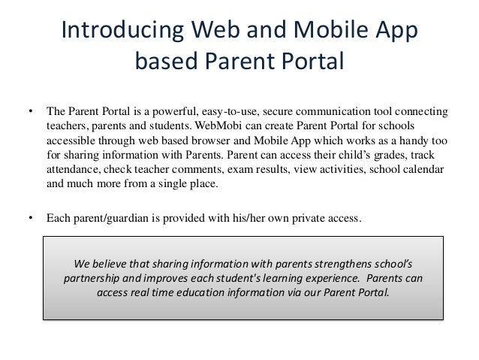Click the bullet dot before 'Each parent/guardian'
[31, 219]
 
